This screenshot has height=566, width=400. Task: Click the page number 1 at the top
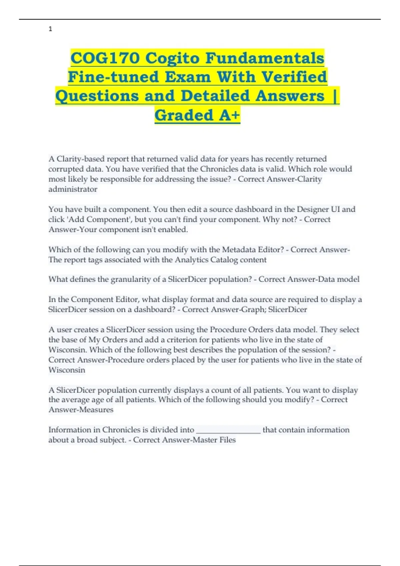(50, 29)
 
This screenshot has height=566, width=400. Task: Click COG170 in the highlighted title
(105, 58)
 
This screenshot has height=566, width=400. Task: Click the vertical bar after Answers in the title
(335, 96)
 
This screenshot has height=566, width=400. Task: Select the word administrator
(73, 189)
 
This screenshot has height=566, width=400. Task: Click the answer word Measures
(96, 410)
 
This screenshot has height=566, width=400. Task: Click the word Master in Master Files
(205, 440)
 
